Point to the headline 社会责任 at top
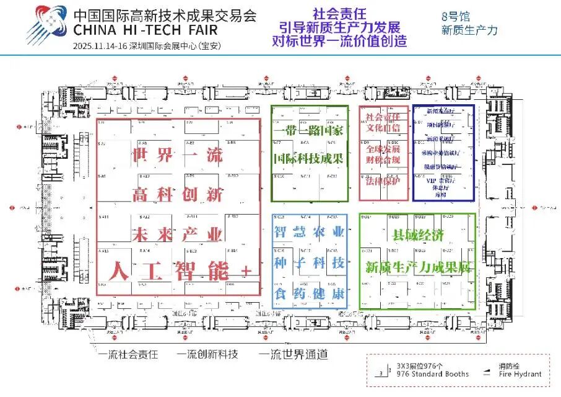pos(340,13)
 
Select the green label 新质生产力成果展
pos(418,268)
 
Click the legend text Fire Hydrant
pos(521,374)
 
